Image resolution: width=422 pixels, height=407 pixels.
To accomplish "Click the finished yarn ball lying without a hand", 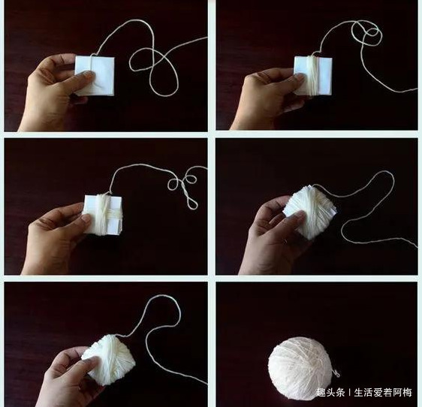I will [x=300, y=367].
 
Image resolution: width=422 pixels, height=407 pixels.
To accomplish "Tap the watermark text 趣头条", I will [x=330, y=393].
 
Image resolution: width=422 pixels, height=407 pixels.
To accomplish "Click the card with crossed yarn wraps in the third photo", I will [x=105, y=214].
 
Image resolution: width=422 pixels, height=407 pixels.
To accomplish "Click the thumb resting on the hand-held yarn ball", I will [x=86, y=366].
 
